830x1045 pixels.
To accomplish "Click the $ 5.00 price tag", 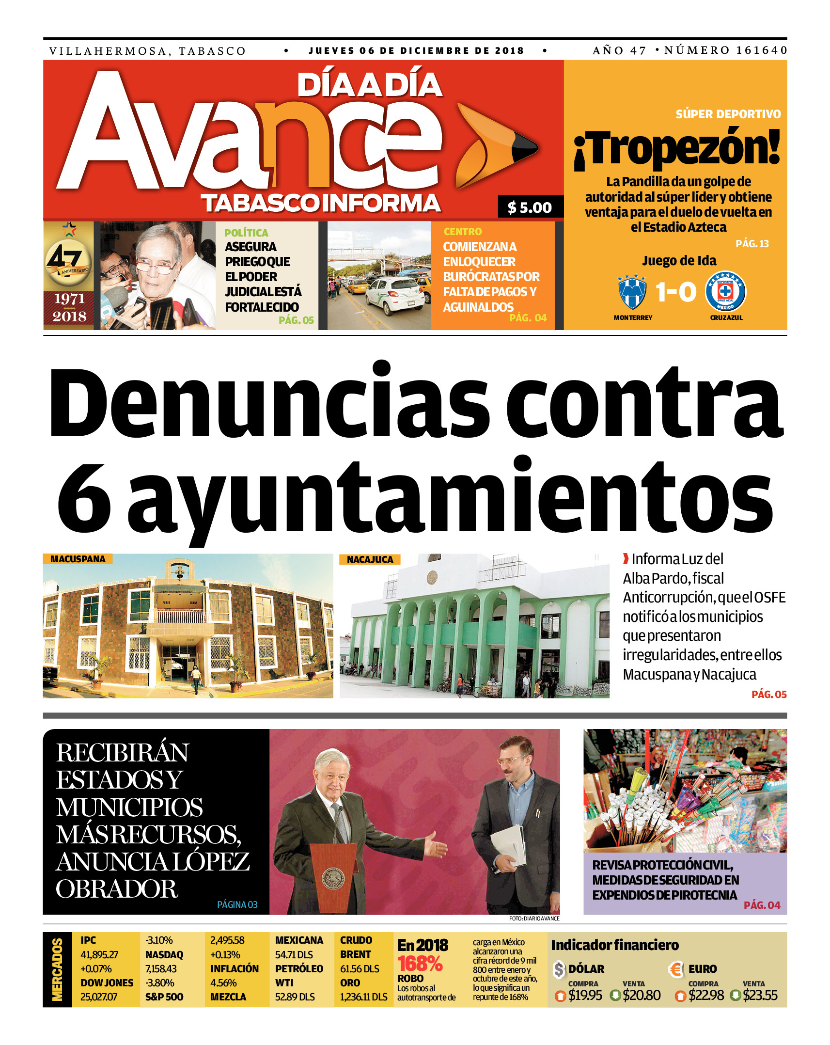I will (530, 207).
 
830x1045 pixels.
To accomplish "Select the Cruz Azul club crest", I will (725, 292).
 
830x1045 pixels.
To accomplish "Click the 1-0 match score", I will (676, 292).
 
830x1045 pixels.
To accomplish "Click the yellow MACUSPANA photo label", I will (78, 559).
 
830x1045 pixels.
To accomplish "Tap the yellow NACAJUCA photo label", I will (370, 559).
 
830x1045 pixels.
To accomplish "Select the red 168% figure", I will (420, 964).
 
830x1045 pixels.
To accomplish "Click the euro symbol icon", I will (675, 969).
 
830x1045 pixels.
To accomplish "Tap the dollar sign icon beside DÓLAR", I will (559, 969).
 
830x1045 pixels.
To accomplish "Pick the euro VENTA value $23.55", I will (760, 995).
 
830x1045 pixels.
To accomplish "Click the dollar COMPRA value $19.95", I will (585, 995).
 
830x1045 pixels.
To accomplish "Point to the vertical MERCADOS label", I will (58, 969).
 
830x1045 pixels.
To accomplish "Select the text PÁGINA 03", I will (237, 904).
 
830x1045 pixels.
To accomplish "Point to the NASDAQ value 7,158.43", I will (161, 969).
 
